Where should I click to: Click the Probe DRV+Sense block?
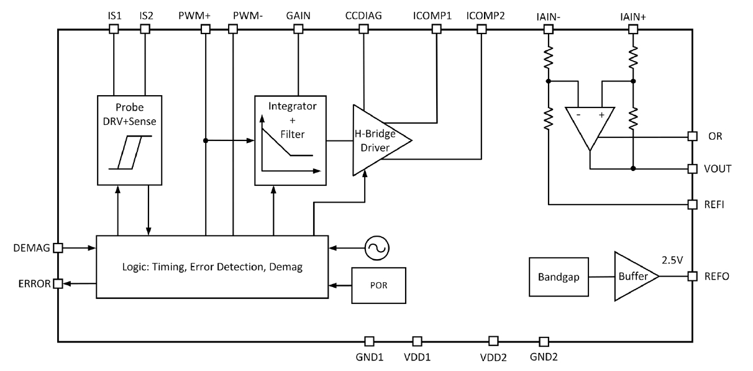(129, 140)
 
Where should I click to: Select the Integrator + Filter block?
(291, 140)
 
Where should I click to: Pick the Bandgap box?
(559, 277)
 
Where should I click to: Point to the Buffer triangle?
(634, 277)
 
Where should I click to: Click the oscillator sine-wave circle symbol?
(378, 248)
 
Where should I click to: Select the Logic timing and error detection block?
(211, 267)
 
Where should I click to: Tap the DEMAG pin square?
(58, 248)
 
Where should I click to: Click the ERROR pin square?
(58, 284)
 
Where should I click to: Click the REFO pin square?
(691, 277)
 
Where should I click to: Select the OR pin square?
(691, 136)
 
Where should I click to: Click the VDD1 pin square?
(418, 341)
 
